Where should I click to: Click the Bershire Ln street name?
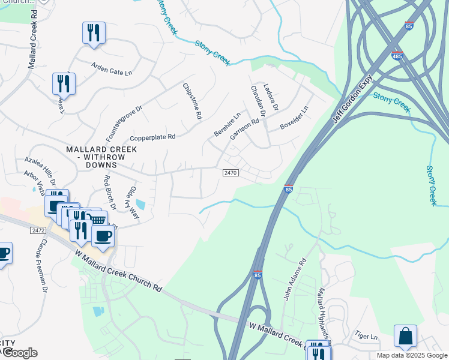tap(228, 124)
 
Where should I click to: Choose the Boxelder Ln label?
tap(294, 119)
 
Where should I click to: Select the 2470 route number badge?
tap(231, 173)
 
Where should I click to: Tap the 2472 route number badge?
tap(38, 230)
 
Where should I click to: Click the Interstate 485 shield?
tap(396, 56)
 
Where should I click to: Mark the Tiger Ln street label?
tap(366, 337)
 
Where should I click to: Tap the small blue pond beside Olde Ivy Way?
tap(140, 204)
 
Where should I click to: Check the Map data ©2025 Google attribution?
tap(411, 355)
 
